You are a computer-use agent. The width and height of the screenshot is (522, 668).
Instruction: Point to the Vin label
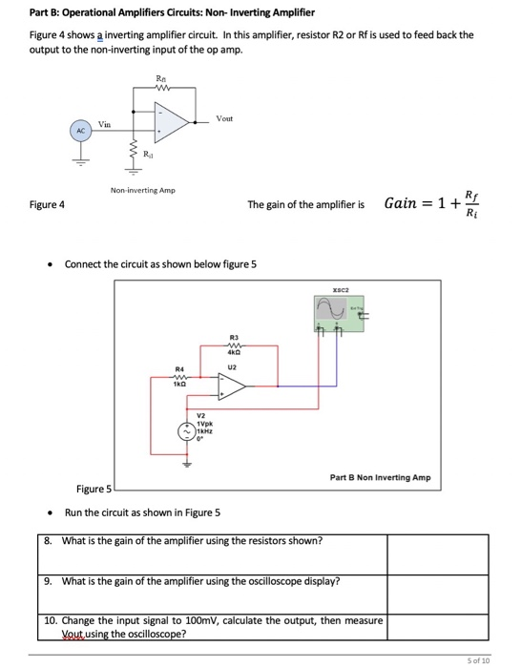[104, 124]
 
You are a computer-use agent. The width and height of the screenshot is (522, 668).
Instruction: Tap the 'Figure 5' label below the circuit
[94, 491]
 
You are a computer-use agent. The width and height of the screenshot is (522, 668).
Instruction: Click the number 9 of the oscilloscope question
[49, 579]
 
